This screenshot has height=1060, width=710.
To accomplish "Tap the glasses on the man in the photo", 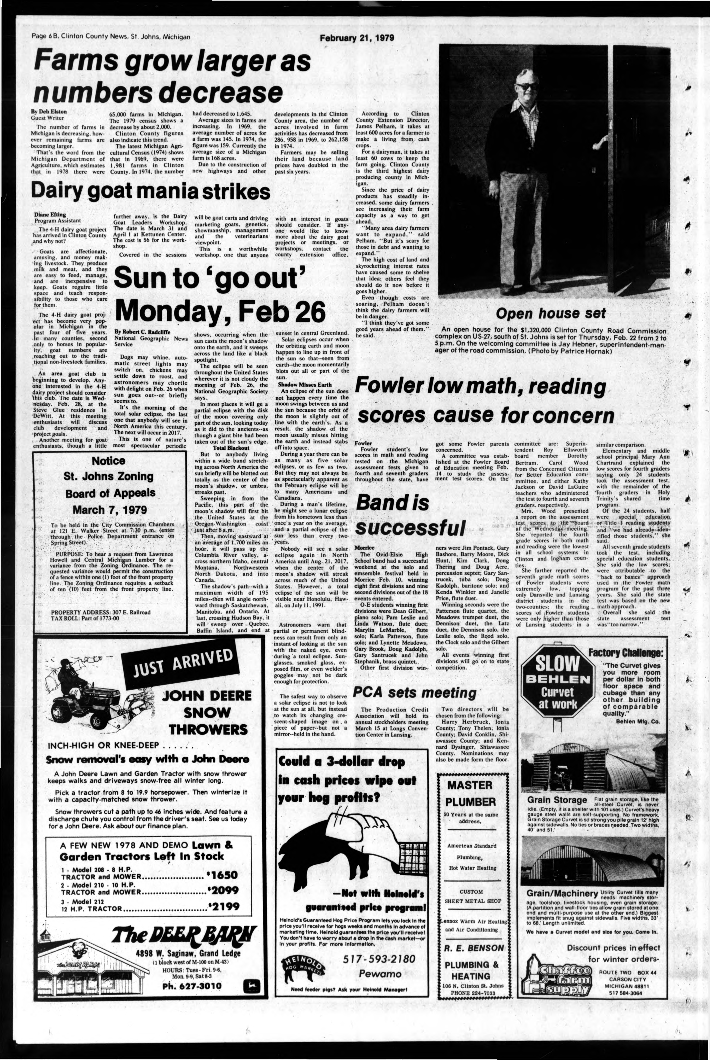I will click(527, 86).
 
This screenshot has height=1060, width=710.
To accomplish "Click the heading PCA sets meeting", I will click(414, 693).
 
